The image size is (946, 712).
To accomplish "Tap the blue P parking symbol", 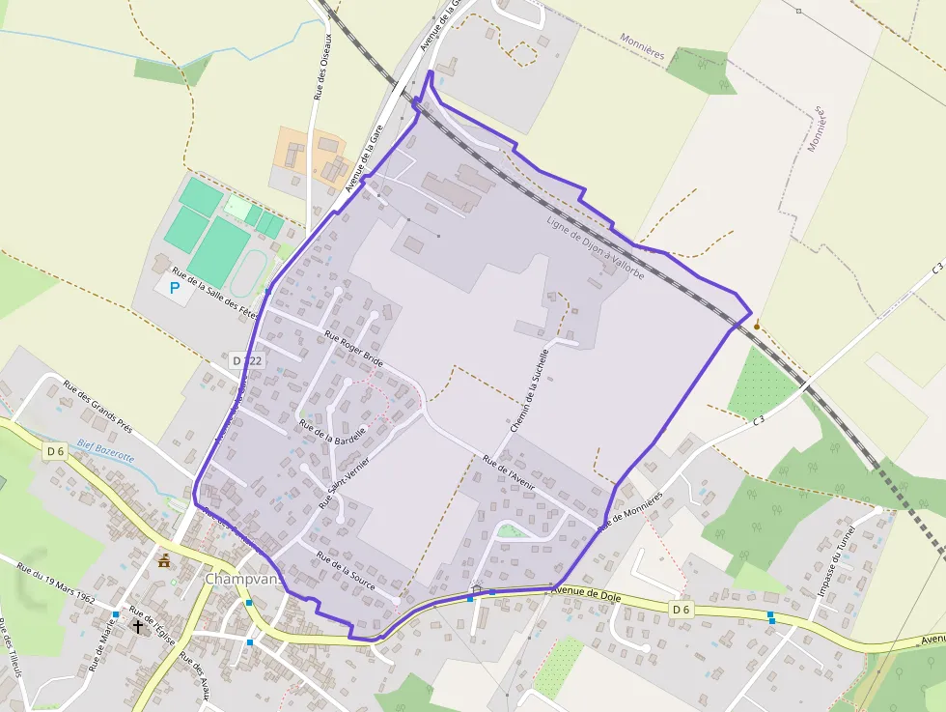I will click(175, 287).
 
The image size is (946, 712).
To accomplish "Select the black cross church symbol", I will click(137, 626).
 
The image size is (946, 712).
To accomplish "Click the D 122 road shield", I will click(247, 359).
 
